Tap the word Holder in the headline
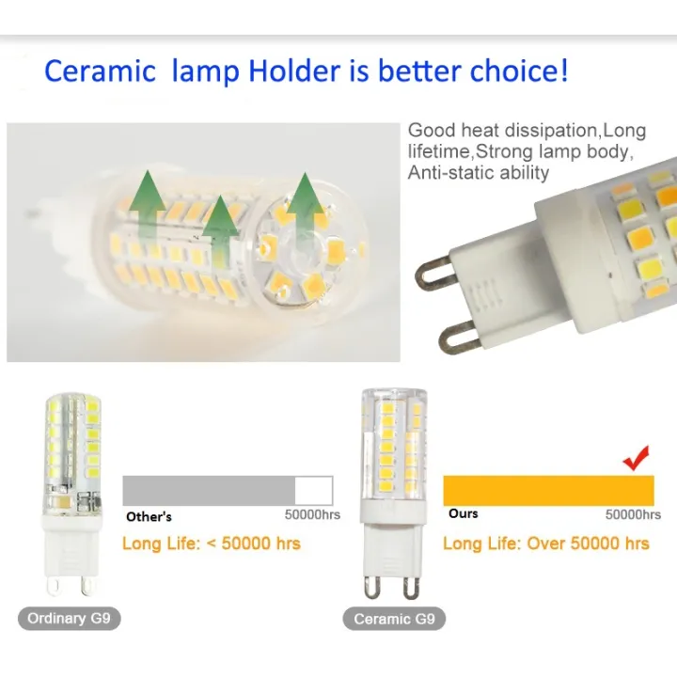point(294,71)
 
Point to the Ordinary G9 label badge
point(69,619)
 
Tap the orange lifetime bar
point(548,490)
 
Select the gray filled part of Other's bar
point(209,490)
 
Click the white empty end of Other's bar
point(313,490)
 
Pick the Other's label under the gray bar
point(149,516)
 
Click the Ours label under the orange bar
point(463,513)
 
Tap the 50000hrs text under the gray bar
point(312,515)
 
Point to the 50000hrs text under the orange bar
point(633,514)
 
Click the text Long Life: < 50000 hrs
point(212,543)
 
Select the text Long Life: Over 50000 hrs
point(545,543)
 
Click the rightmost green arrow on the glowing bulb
point(305,202)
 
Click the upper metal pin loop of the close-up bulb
point(437,268)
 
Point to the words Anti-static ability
point(478,173)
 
